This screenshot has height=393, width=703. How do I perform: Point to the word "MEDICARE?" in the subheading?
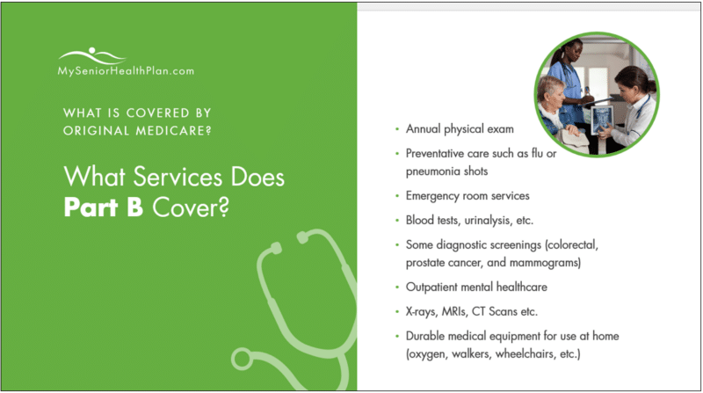[x=177, y=131]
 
